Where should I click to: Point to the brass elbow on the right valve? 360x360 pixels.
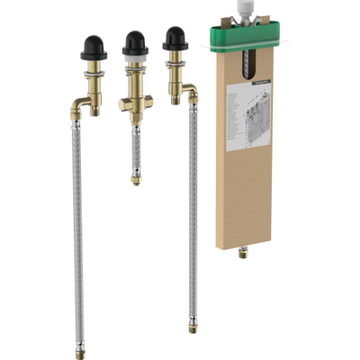pos(188,91)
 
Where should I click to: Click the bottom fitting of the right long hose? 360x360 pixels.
pos(193,322)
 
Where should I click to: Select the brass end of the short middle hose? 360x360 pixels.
pos(135,178)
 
